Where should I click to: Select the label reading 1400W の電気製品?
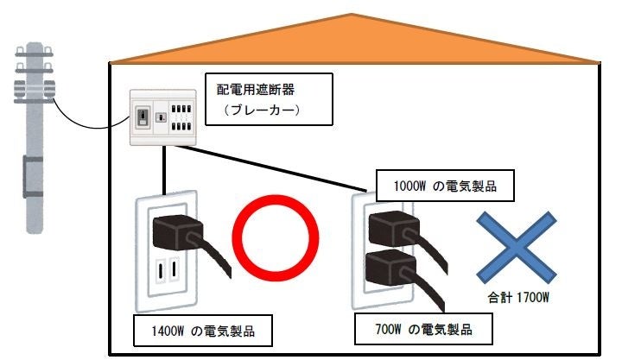click(199, 330)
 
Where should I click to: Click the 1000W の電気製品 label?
click(441, 184)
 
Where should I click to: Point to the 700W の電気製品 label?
click(424, 329)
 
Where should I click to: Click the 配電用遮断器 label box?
click(268, 98)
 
